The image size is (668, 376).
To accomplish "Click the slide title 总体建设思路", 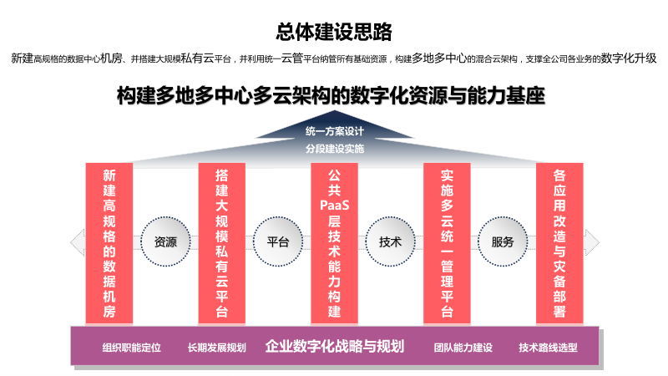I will coord(334,32).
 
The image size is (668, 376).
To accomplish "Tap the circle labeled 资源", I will coord(165,242).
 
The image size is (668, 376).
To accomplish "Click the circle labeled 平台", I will coord(278,242).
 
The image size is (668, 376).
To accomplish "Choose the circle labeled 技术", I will coord(391,242).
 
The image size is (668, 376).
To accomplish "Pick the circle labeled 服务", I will coord(503,242).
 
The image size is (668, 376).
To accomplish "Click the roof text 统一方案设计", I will coord(334,131).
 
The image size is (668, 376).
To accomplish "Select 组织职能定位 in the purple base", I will coord(131,347).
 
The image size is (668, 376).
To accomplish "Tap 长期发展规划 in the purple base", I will coord(217,347).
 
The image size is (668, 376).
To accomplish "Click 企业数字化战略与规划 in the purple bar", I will coord(335,346).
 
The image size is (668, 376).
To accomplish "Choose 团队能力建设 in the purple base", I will coord(463,347).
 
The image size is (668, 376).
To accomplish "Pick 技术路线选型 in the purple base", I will coord(548,347).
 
